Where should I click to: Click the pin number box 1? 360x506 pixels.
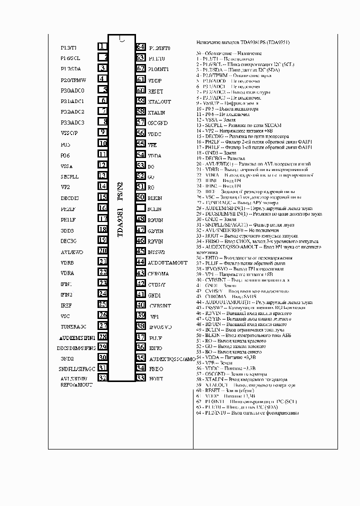[x=102, y=46]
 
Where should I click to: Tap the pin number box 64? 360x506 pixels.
[x=140, y=47]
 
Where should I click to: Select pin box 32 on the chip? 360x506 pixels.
[x=102, y=378]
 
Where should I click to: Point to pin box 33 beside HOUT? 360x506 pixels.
[x=140, y=378]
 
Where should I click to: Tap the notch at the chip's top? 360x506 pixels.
[x=121, y=38]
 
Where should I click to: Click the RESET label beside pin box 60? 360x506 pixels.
[x=155, y=91]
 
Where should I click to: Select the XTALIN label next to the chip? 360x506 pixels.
[x=156, y=112]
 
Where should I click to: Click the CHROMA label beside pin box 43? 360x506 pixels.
[x=158, y=273]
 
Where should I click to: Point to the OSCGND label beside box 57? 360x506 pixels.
[x=158, y=122]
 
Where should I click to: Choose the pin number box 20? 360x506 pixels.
[x=102, y=251]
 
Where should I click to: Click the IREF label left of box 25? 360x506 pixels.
[x=66, y=305]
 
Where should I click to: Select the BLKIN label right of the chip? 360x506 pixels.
[x=155, y=198]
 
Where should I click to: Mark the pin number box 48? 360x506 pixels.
[x=140, y=219]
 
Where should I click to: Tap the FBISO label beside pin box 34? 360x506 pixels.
[x=156, y=368]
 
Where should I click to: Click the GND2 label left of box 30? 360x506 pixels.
[x=67, y=358]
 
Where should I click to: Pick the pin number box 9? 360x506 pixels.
[x=102, y=132]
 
